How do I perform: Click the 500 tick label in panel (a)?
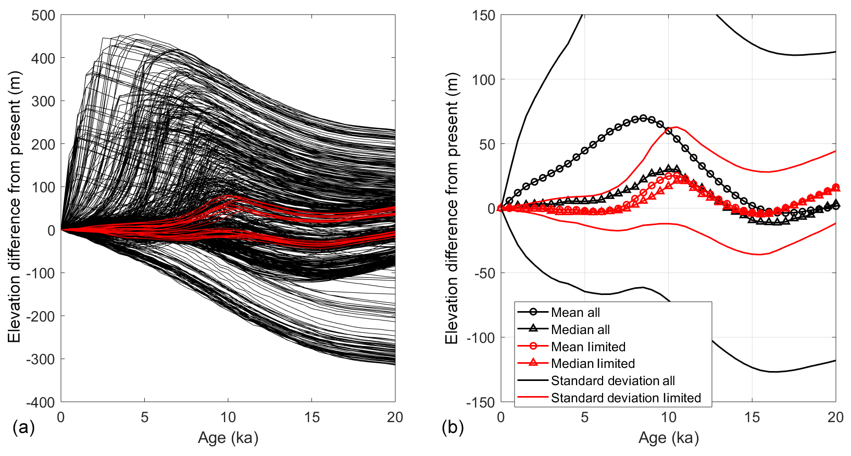point(43,15)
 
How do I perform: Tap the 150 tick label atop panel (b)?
point(484,15)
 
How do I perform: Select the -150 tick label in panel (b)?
point(481,402)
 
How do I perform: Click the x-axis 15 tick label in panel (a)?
point(311,417)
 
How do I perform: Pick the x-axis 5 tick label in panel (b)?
point(584,417)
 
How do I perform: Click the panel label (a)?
point(23,428)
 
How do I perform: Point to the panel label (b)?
point(453,428)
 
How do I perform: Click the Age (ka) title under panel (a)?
point(228,438)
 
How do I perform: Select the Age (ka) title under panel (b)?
point(669,438)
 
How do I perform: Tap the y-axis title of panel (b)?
point(452,208)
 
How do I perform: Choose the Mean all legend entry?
point(575,312)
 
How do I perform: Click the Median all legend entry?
point(580,329)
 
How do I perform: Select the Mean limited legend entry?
point(588,347)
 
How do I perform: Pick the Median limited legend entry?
point(593,363)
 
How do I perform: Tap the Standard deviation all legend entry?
point(612,380)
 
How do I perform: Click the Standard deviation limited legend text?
point(625,398)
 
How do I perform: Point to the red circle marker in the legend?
point(533,346)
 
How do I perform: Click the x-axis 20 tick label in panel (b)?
point(835,417)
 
